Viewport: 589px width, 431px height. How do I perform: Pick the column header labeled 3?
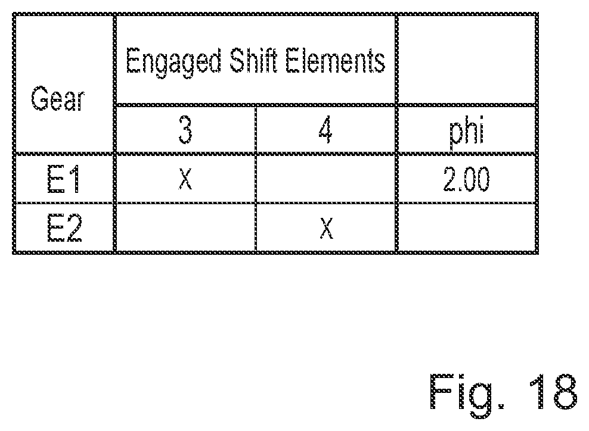(x=185, y=130)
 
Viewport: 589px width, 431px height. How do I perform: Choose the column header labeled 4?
(x=325, y=130)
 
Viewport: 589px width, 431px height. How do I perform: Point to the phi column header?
(x=466, y=130)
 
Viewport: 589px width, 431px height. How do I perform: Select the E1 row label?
(x=63, y=179)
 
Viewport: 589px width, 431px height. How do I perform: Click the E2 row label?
(x=63, y=229)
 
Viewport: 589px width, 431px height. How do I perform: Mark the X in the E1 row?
(x=185, y=179)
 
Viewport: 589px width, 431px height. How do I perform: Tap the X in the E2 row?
(x=325, y=229)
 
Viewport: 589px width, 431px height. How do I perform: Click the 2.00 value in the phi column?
(x=466, y=179)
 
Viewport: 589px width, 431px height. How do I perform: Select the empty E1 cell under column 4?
(x=325, y=179)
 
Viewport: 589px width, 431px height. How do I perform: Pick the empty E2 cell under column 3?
(x=185, y=229)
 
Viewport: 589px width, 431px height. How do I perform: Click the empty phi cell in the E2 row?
(x=466, y=229)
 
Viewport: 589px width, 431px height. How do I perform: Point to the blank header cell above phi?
(x=466, y=60)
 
